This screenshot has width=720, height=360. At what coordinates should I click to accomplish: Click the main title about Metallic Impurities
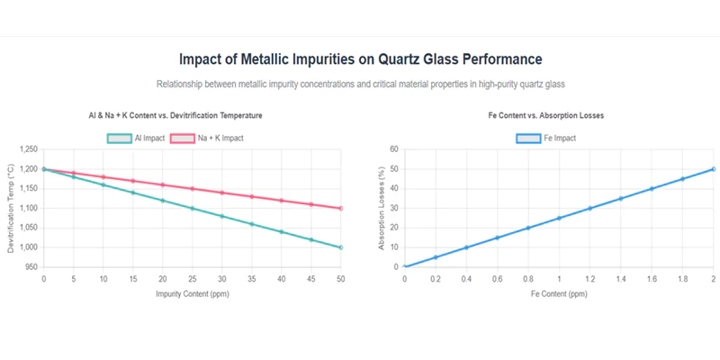coord(360,59)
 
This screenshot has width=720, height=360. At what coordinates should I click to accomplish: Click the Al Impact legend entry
coord(134,138)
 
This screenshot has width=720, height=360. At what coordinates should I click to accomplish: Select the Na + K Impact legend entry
coord(207,138)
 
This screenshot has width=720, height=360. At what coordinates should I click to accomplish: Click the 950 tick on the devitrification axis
coord(30,267)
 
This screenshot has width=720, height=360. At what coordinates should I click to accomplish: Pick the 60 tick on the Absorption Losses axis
coord(393,149)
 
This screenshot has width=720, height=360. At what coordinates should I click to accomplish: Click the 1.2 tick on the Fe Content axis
coord(590,279)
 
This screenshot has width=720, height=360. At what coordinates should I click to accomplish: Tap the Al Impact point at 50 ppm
coord(341,247)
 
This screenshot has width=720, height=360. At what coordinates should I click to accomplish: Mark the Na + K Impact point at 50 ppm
coord(341,208)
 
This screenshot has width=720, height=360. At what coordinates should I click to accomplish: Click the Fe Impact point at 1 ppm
coord(559,218)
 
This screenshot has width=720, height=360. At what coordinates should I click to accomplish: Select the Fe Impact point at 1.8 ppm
coord(682,179)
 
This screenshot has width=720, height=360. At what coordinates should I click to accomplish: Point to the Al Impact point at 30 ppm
coord(221,216)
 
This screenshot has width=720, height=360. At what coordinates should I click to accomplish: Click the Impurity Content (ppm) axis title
coord(192,293)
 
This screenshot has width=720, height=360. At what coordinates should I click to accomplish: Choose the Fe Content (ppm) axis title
coord(559,293)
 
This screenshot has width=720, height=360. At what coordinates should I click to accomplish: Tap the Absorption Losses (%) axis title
coord(380,208)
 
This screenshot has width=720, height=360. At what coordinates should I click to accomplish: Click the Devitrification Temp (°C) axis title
coord(11,208)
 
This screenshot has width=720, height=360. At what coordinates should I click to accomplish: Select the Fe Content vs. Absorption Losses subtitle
coord(559,116)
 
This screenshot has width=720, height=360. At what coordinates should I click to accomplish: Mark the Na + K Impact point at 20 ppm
coord(162,184)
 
